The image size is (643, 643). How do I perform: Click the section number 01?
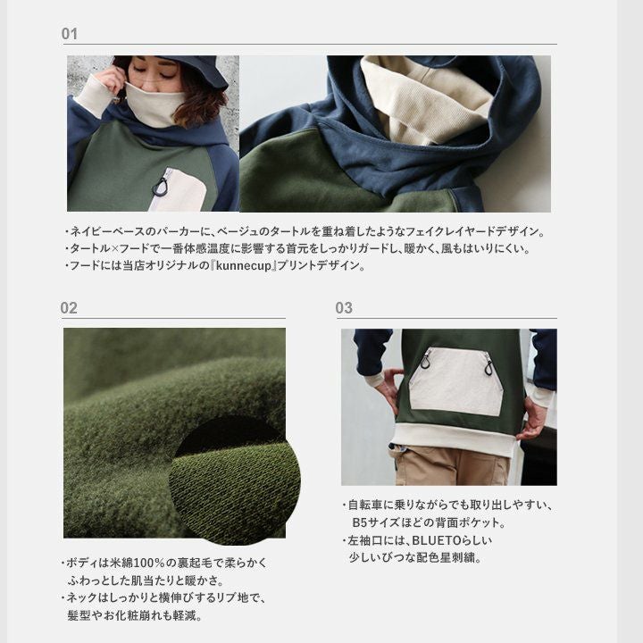pyautogui.click(x=70, y=34)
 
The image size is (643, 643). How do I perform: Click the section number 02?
pyautogui.click(x=69, y=308)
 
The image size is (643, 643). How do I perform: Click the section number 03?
pyautogui.click(x=344, y=307)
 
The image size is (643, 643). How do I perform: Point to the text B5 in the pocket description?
pyautogui.click(x=360, y=522)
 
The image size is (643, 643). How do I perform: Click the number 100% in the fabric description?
pyautogui.click(x=149, y=563)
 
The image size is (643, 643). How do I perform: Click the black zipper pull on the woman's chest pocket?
pyautogui.click(x=161, y=186)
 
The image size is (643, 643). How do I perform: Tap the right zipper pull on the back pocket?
pyautogui.click(x=489, y=365)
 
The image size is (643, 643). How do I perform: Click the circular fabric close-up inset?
pyautogui.click(x=235, y=480)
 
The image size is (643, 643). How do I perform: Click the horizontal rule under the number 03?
pyautogui.click(x=447, y=318)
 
